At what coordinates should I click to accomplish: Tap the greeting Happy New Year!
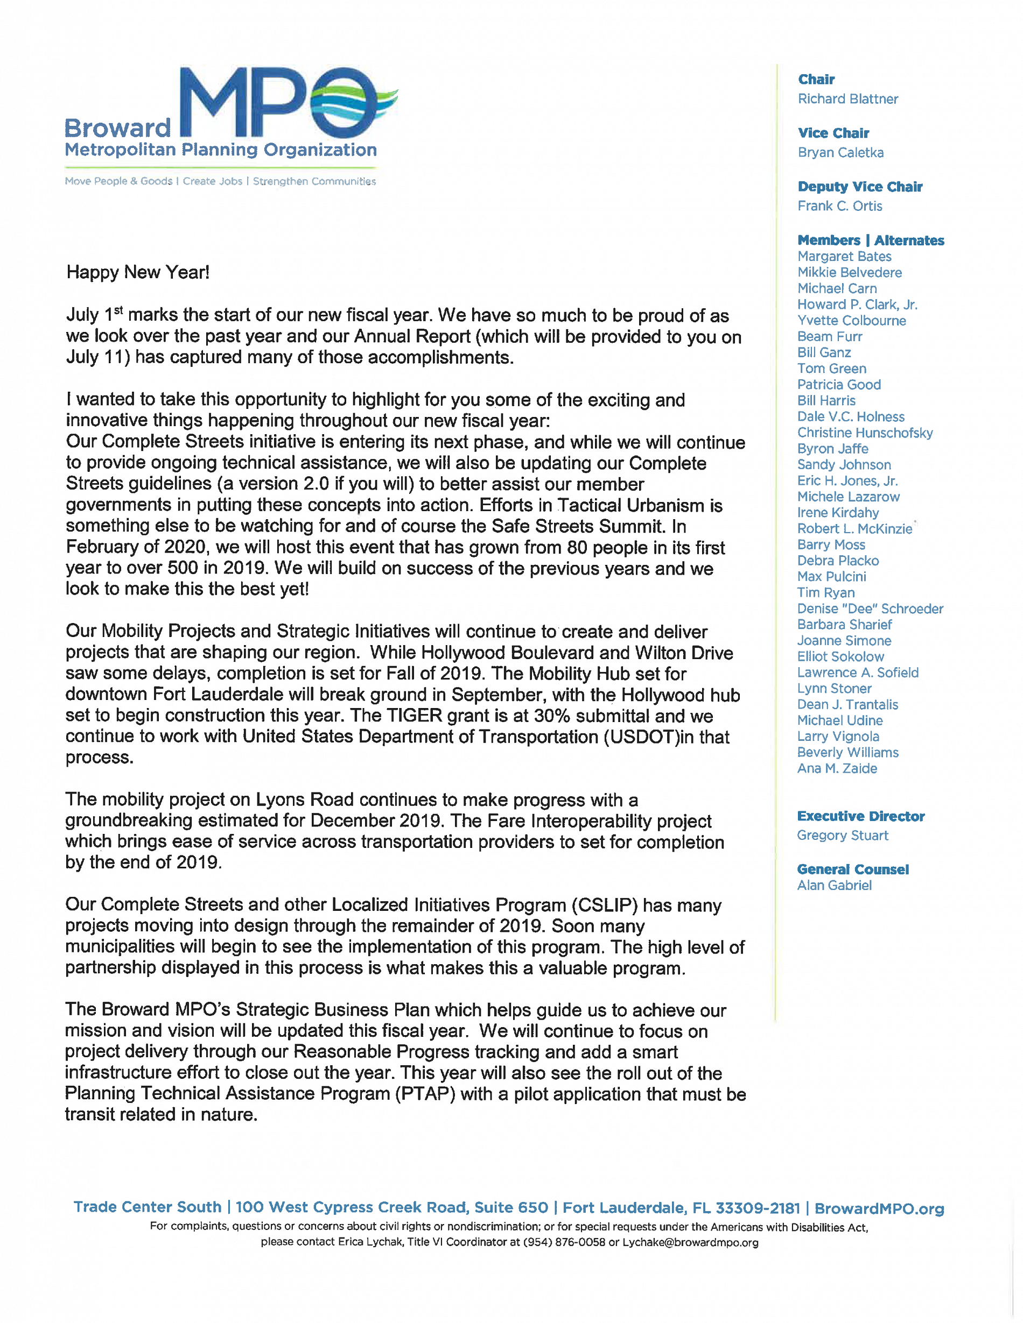pyautogui.click(x=138, y=272)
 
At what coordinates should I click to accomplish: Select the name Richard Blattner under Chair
pyautogui.click(x=847, y=99)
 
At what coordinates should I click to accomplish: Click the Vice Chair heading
pyautogui.click(x=833, y=133)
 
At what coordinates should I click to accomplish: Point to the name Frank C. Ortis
pyautogui.click(x=839, y=206)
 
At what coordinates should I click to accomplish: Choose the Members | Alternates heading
pyautogui.click(x=870, y=240)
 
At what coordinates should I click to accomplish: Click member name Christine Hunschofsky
pyautogui.click(x=864, y=433)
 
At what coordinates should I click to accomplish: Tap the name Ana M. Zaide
pyautogui.click(x=836, y=768)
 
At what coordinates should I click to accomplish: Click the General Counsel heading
pyautogui.click(x=852, y=869)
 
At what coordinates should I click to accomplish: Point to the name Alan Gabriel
pyautogui.click(x=834, y=885)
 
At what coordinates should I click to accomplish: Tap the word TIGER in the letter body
pyautogui.click(x=415, y=716)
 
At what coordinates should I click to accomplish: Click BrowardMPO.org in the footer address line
pyautogui.click(x=879, y=1208)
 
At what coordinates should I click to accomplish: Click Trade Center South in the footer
pyautogui.click(x=148, y=1207)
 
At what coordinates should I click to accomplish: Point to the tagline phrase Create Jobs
pyautogui.click(x=212, y=181)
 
